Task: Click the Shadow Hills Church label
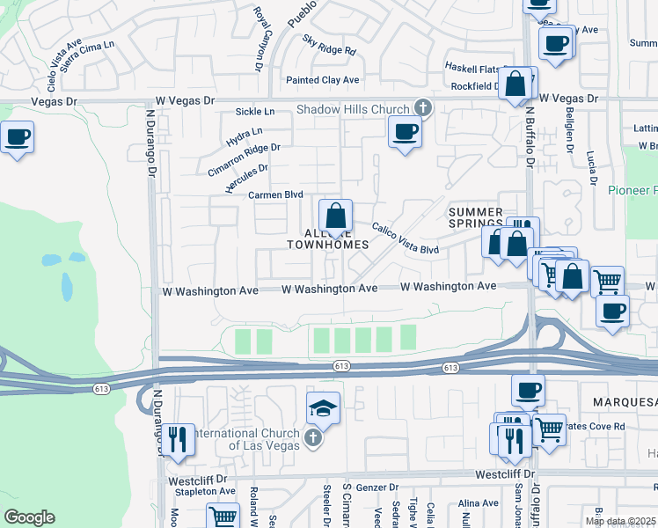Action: pos(353,109)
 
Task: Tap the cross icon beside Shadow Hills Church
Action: pos(422,108)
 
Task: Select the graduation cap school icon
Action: pos(323,407)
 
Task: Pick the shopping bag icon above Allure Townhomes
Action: pos(335,216)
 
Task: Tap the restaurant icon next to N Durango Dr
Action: pos(179,438)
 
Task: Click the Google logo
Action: pos(29,517)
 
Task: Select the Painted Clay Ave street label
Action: pos(323,80)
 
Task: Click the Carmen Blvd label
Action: pos(275,194)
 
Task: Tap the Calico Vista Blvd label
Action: pos(405,238)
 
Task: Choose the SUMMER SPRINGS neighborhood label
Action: pos(476,219)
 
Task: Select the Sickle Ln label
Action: pos(255,112)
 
